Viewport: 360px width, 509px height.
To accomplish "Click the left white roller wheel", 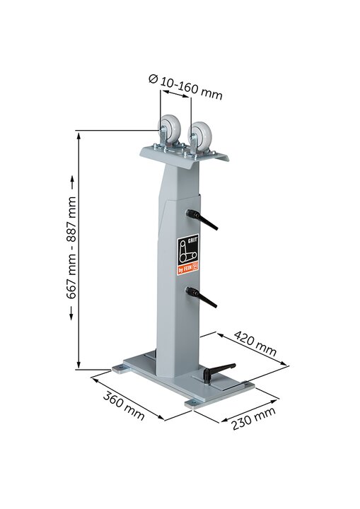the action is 169,127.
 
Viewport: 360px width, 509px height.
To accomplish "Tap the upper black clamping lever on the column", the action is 202,219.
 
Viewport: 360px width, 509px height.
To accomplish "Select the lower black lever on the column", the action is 201,297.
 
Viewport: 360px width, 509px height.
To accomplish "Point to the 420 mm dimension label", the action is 255,343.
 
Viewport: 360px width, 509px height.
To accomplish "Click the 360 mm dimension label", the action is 124,406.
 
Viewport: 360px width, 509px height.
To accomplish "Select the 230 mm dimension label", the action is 253,419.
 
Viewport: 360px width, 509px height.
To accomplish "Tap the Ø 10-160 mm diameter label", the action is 185,87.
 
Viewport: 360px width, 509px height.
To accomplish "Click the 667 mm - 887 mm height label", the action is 71,247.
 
